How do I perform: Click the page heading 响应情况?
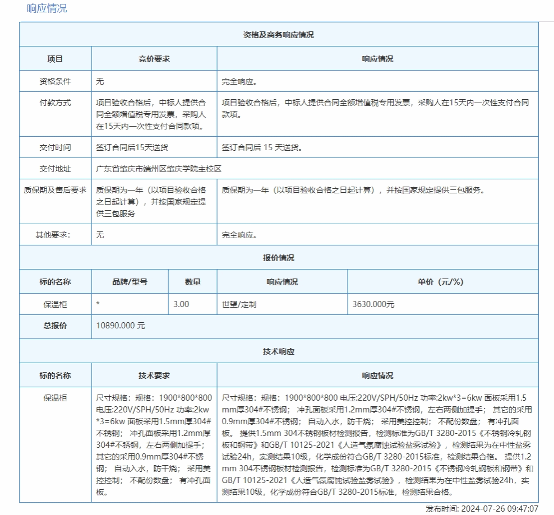pyautogui.click(x=47, y=8)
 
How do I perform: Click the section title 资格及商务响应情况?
pyautogui.click(x=279, y=34)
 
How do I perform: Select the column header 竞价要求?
pyautogui.click(x=154, y=58)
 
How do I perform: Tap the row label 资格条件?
pyautogui.click(x=55, y=81)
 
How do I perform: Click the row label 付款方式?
pyautogui.click(x=55, y=103)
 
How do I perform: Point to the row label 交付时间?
pyautogui.click(x=55, y=147)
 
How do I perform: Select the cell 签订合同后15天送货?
pyautogui.click(x=132, y=147)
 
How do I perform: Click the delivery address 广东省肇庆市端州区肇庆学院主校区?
pyautogui.click(x=159, y=169)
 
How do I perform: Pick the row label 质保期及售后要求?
pyautogui.click(x=55, y=190)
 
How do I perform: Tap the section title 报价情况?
pyautogui.click(x=279, y=258)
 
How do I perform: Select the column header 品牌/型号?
pyautogui.click(x=130, y=281)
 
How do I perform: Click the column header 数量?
pyautogui.click(x=192, y=281)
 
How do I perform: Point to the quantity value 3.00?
pyautogui.click(x=181, y=304)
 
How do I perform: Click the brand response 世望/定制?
pyautogui.click(x=239, y=304)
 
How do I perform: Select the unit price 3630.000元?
pyautogui.click(x=373, y=304)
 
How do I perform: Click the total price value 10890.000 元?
pyautogui.click(x=121, y=326)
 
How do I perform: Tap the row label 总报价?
pyautogui.click(x=55, y=326)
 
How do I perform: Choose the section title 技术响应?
pyautogui.click(x=279, y=351)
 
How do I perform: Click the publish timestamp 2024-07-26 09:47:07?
pyautogui.click(x=500, y=509)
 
